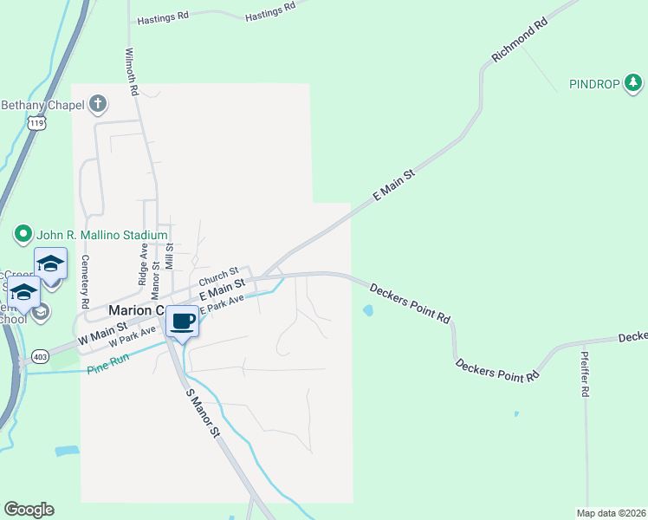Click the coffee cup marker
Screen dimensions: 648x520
coord(182,322)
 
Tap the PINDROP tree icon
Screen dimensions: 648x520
coord(634,83)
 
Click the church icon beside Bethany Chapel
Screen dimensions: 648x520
coord(98,105)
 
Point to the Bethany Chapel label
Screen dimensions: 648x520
coord(42,106)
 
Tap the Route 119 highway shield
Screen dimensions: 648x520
coord(36,124)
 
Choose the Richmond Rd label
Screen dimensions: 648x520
coord(521,41)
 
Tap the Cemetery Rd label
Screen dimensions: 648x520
coord(85,283)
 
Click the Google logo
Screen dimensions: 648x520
coord(29,510)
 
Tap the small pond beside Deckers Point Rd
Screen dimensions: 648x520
coord(368,310)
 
